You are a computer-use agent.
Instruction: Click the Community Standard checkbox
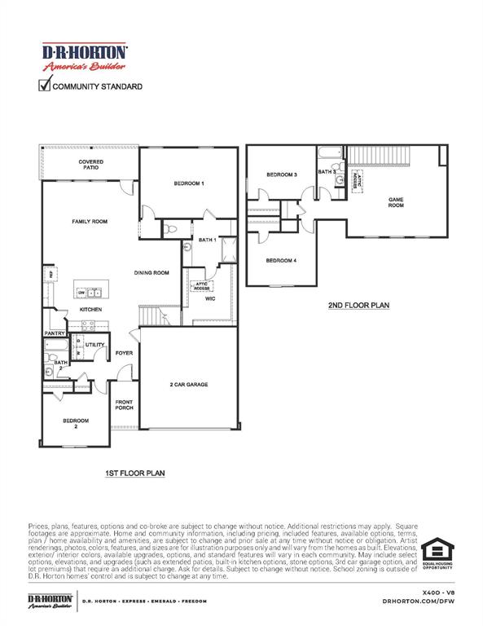(x=45, y=85)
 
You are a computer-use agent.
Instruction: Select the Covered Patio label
(x=90, y=165)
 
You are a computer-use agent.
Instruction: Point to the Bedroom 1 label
(x=188, y=183)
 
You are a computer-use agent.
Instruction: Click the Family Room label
(x=90, y=222)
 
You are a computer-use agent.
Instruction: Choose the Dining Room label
(x=151, y=273)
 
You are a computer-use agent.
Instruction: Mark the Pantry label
(x=55, y=333)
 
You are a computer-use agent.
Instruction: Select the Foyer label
(x=124, y=353)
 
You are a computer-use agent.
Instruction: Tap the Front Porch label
(x=124, y=404)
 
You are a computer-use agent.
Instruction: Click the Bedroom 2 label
(x=76, y=423)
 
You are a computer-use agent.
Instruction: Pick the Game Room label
(x=396, y=203)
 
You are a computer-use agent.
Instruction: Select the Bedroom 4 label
(x=281, y=260)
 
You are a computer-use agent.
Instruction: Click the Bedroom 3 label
(x=282, y=175)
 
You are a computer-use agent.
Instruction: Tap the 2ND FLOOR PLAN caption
(x=359, y=306)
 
